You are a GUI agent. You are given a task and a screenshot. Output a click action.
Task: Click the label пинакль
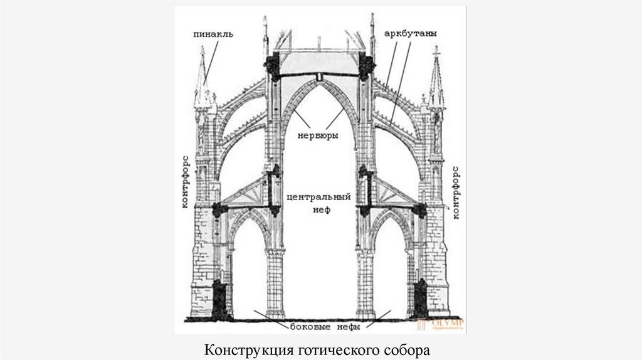point(213,34)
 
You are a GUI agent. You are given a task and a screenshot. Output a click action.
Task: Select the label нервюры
point(320,134)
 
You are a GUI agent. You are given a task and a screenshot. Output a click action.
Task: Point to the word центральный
point(320,197)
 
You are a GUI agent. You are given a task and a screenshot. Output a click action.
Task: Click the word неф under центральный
point(321,211)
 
